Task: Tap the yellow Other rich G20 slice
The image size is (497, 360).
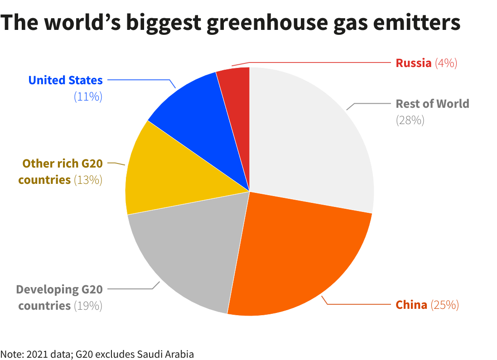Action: (168, 172)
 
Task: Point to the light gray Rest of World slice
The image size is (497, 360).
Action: (308, 136)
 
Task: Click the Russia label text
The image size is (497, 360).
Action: (413, 63)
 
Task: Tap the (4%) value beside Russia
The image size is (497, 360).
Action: (446, 63)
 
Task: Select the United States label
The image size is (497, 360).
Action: (65, 80)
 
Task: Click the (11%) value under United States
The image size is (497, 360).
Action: (88, 96)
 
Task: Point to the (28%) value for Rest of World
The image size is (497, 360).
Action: (410, 120)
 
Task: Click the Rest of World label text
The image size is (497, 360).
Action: (432, 104)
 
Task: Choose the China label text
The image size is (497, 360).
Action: (411, 305)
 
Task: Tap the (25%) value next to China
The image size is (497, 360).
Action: (444, 305)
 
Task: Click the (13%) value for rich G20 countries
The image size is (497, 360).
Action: (88, 180)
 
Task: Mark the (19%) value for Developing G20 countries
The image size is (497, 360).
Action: (88, 306)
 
